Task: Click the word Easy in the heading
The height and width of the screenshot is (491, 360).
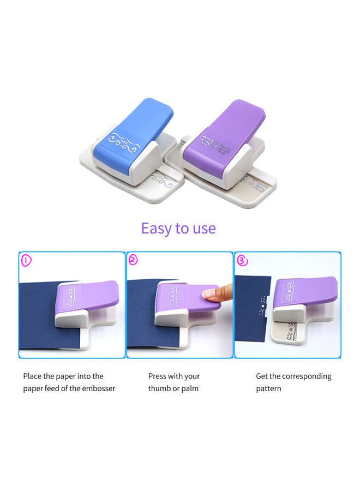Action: pos(155,227)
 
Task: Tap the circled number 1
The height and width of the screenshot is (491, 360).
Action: pos(26,260)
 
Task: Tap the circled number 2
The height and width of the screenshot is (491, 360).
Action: pos(133,260)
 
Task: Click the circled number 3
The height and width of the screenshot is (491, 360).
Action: pos(242,260)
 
